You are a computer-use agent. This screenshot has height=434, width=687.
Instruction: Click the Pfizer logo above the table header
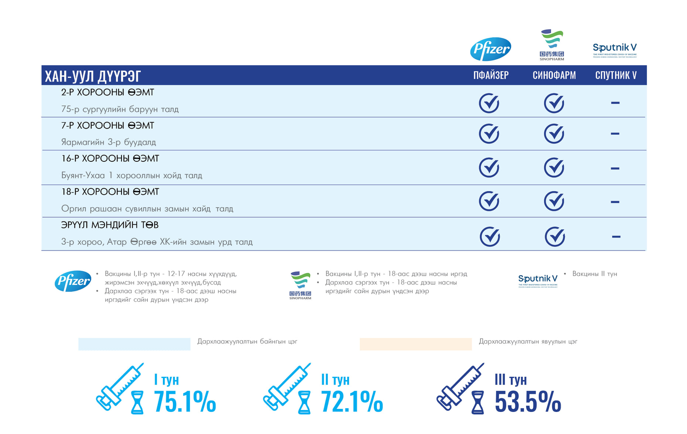coord(491,49)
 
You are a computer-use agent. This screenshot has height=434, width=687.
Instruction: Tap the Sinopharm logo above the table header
coord(552,45)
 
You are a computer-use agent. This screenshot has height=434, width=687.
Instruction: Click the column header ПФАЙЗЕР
coord(491,75)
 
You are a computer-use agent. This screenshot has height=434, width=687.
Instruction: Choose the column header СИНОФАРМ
coord(554,75)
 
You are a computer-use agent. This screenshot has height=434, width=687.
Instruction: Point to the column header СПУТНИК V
coord(616,75)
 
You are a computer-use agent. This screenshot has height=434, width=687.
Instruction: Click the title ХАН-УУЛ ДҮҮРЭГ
coord(93,76)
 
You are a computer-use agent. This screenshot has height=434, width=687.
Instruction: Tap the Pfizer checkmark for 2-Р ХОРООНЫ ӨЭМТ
coord(489,103)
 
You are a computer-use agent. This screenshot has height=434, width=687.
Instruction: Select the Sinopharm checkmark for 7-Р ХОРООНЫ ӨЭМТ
coord(554,134)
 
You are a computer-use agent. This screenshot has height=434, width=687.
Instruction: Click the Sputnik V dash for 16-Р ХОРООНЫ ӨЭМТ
coord(615,168)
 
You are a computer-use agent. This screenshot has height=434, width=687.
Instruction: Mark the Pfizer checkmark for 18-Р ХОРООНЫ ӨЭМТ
coord(489,201)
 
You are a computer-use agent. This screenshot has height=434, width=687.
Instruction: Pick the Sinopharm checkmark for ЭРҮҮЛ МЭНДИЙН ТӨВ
coord(555,237)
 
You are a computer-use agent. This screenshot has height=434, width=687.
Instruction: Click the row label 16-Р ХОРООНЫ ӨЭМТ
coord(110,158)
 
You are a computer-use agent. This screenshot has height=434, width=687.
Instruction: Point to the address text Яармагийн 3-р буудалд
coord(109,142)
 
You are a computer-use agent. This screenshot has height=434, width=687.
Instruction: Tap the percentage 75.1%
coord(185,401)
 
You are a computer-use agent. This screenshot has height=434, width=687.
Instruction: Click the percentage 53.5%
coord(528,401)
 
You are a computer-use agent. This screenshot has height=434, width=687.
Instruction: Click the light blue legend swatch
coord(134,344)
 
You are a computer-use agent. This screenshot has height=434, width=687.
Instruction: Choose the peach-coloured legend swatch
coord(416,344)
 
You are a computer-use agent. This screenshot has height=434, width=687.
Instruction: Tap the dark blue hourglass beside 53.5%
coord(478,403)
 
